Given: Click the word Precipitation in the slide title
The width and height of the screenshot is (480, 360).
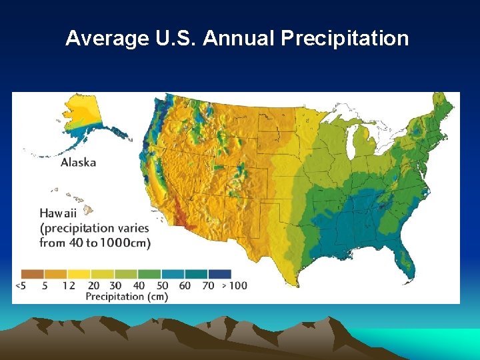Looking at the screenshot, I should point(345,39).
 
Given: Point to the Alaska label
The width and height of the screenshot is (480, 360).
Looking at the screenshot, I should point(78,162).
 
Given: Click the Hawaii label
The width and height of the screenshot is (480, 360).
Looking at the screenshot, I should point(58,213).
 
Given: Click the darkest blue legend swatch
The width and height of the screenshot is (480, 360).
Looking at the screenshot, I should point(219,273).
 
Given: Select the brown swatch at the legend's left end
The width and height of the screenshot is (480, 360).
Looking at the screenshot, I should point(32,273).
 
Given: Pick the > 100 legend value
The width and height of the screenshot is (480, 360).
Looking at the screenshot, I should point(233,285).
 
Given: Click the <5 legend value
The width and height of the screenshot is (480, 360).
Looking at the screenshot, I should point(21,285).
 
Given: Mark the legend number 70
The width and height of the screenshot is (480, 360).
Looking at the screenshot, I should point(207,285).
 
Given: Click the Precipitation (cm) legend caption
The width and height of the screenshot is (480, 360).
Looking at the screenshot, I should point(126,296).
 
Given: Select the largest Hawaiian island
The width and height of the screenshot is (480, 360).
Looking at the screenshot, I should point(89,202).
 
